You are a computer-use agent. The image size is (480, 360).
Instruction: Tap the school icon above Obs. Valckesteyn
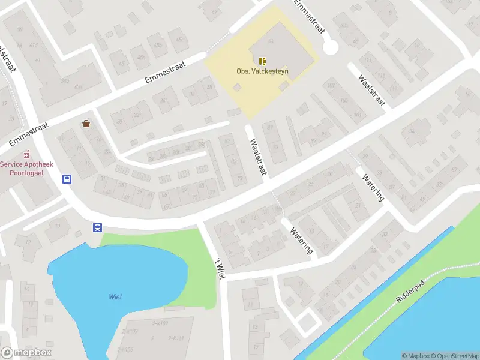pos(262,61)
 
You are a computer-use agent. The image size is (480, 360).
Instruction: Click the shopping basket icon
pos(86,124)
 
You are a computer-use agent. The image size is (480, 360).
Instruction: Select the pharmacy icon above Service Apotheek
pos(26,155)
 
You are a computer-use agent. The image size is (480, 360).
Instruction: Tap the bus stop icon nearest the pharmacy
pos(67,179)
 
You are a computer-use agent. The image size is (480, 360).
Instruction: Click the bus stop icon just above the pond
pos(97,227)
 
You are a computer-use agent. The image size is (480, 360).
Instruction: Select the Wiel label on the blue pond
pos(115,297)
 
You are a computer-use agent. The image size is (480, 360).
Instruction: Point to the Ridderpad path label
pos(410,291)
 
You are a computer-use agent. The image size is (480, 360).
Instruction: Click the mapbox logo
pos(26,353)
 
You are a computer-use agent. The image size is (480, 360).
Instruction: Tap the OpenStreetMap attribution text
pos(454,356)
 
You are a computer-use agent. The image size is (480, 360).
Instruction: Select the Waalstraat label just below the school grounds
pos(258,157)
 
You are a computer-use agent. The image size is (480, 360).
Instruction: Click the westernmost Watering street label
pos(302,239)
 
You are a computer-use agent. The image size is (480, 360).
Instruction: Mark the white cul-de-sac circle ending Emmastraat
pos(330,48)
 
